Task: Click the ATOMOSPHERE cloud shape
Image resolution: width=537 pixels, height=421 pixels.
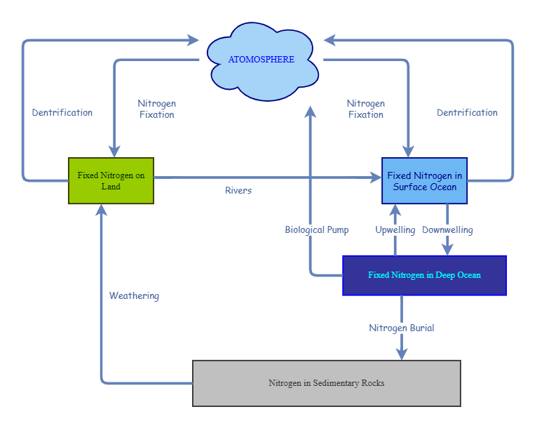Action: (261, 60)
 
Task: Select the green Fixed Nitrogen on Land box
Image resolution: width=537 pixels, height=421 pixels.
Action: (111, 181)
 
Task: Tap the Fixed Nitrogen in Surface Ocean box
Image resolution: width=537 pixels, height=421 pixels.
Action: (424, 181)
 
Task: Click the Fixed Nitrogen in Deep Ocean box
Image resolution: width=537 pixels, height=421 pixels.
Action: (424, 275)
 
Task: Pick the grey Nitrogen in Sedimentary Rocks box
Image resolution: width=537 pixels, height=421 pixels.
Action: (326, 383)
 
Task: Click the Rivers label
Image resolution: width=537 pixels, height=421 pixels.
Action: (238, 191)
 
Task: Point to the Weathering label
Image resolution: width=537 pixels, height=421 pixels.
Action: (134, 296)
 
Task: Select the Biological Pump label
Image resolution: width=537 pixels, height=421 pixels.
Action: (317, 230)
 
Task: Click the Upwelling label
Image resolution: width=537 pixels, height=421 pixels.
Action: (395, 230)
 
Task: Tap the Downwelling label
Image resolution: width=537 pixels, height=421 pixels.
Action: (447, 230)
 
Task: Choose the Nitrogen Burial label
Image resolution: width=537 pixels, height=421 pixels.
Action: (402, 328)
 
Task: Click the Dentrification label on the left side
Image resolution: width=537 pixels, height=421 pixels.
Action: (62, 112)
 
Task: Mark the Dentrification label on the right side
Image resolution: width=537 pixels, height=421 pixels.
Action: (467, 112)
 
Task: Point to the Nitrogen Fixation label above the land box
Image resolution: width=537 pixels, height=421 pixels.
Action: (156, 109)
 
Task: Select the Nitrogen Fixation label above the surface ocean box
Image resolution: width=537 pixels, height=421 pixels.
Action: (365, 109)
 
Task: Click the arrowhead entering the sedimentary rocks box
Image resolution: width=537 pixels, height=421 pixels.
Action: (402, 354)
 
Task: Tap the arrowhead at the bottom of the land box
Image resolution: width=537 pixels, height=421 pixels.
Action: (102, 210)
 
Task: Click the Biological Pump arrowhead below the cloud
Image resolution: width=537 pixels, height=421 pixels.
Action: (311, 112)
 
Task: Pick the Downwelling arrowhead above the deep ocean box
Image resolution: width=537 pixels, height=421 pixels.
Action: (447, 250)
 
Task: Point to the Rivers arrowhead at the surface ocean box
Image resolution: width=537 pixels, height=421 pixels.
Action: (375, 178)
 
